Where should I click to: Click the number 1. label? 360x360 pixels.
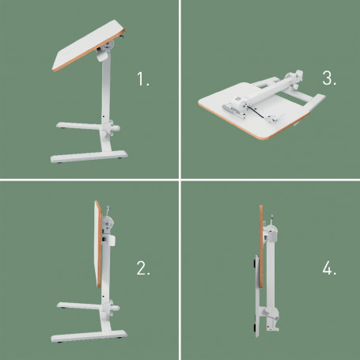[x=142, y=80]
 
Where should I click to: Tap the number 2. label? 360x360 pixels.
[x=143, y=269]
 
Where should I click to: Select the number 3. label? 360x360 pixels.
[x=330, y=79]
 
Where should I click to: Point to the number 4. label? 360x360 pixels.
[x=329, y=269]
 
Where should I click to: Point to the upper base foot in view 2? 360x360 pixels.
[x=79, y=303]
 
